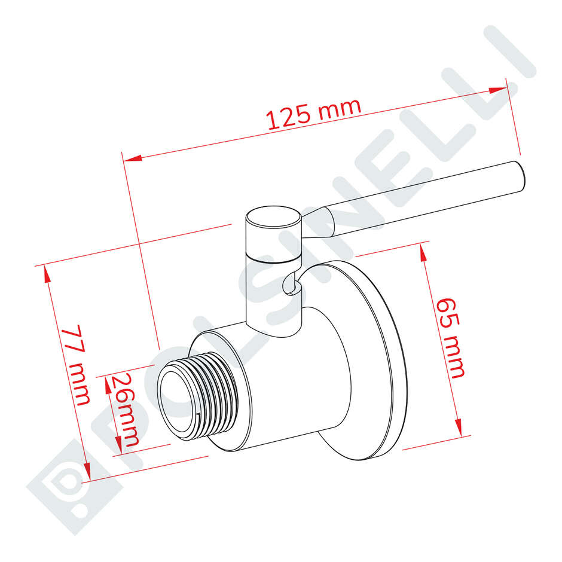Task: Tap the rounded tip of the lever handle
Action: [520, 178]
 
